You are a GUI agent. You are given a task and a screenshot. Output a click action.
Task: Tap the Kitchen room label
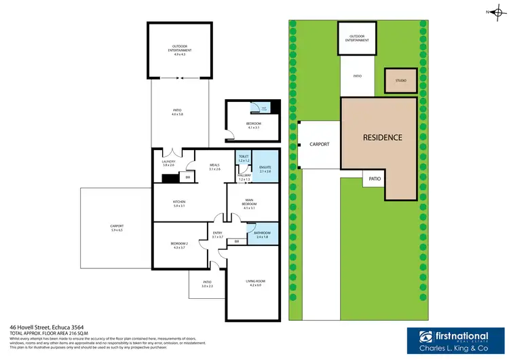point(179,202)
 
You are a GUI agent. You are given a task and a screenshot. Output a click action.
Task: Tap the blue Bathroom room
point(262,233)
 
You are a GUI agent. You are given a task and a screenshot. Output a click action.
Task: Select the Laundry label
point(169,162)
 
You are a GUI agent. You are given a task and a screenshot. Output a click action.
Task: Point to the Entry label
point(217,233)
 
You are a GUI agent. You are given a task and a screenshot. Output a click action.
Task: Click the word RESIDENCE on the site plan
point(382,137)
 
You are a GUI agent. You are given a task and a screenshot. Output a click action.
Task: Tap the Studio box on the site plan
point(401,81)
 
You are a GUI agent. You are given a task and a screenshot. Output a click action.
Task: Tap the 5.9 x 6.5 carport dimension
point(117,230)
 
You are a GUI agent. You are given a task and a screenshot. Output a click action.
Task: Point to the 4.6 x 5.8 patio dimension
point(178,114)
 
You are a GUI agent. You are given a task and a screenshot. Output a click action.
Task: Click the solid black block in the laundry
point(168,179)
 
